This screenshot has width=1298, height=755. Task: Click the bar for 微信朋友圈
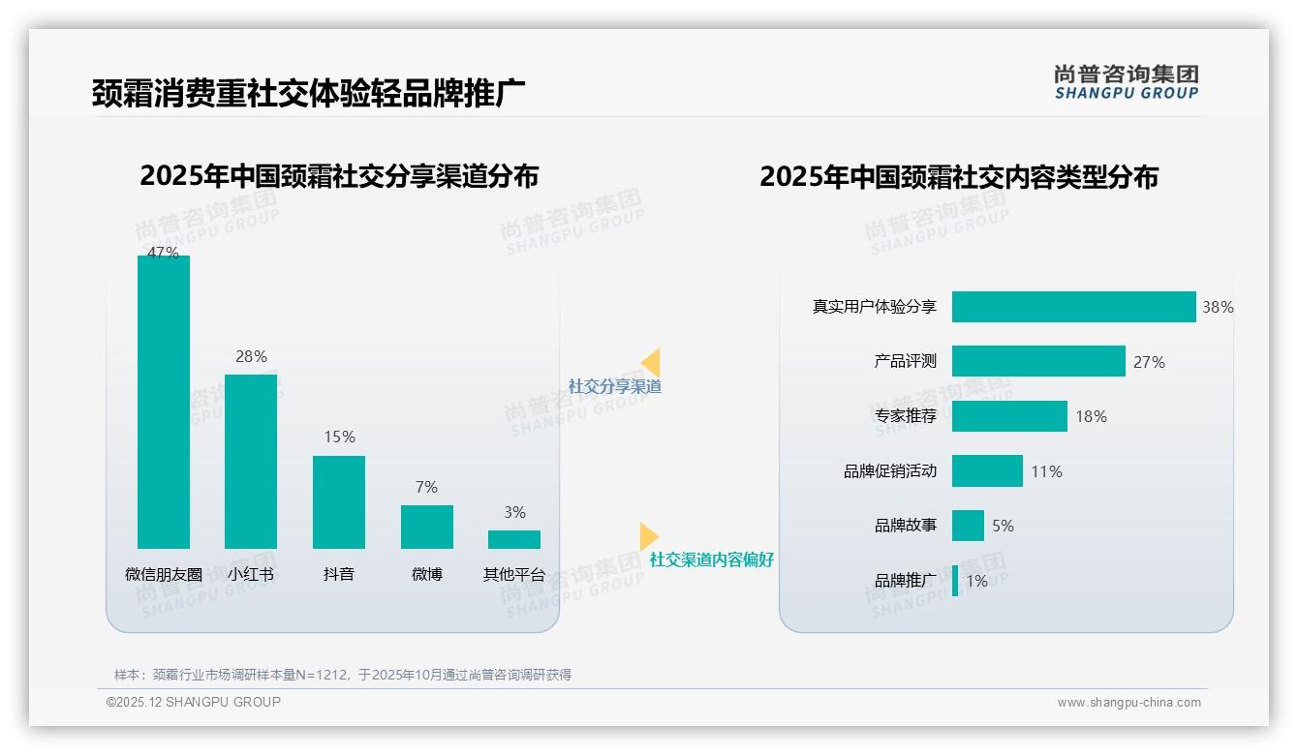point(164,402)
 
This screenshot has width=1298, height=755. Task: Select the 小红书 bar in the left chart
point(251,461)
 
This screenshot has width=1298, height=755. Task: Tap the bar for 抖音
point(339,501)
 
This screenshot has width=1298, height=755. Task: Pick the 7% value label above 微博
point(426,487)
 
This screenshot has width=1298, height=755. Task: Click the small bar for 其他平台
point(514,539)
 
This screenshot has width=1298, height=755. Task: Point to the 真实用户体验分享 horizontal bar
point(1073,307)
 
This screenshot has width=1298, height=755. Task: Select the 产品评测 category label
point(906,361)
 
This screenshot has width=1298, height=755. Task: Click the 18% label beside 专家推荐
point(1091,416)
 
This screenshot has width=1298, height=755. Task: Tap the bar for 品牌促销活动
point(987,471)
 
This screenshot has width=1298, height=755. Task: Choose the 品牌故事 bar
point(968,526)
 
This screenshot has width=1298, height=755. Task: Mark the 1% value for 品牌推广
point(976,581)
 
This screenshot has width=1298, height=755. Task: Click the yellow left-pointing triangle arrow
point(651,363)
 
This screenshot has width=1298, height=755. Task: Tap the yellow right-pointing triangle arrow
point(649,536)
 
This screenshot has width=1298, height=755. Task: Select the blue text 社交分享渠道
point(615,386)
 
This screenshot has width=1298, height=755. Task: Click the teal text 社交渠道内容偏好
point(712,559)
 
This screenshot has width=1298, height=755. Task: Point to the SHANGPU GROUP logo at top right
point(1127,82)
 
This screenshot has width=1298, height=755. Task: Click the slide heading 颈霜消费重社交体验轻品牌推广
point(309,93)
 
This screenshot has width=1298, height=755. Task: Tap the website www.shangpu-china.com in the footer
point(1128,703)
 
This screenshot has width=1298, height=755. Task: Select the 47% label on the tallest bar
point(163,253)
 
